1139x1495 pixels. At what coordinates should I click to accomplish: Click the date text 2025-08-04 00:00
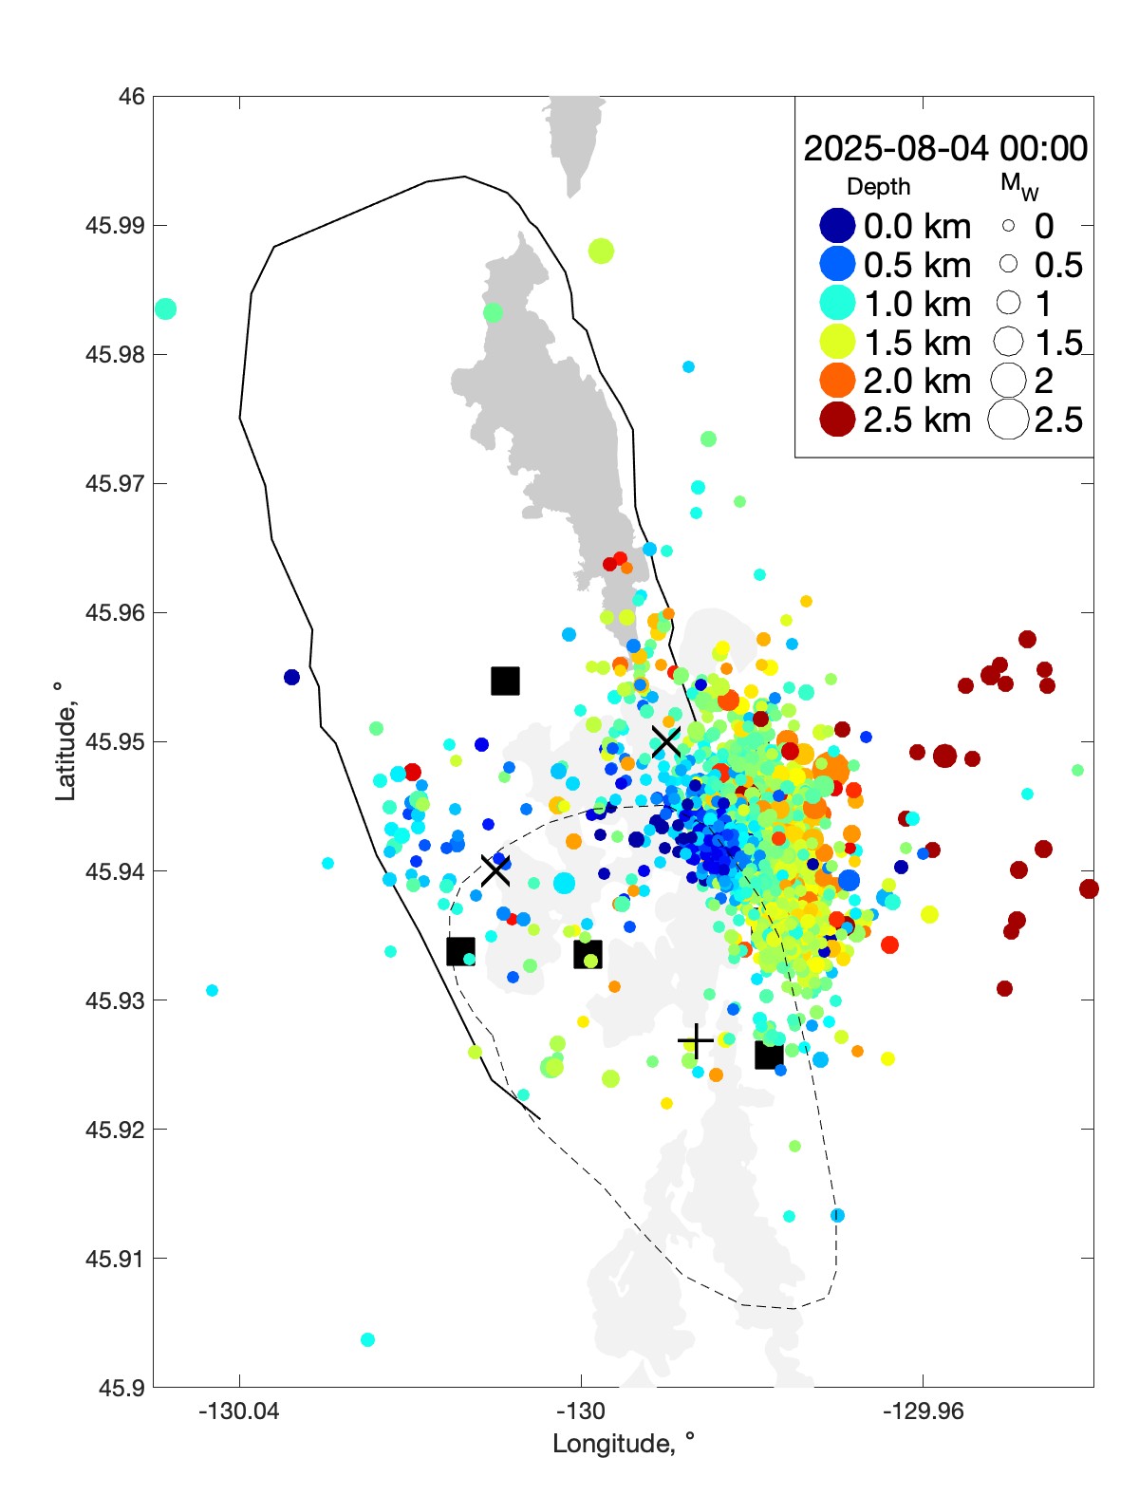[945, 148]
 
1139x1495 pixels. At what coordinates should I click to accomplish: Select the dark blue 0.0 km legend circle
[837, 226]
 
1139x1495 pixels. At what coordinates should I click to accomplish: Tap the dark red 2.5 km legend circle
[837, 420]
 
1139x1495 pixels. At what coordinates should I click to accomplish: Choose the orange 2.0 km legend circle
[837, 381]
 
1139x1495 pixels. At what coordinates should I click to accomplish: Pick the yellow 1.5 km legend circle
[837, 343]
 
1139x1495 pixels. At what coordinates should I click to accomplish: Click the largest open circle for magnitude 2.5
[1008, 420]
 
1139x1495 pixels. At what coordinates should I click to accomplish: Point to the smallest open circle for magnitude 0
[1008, 226]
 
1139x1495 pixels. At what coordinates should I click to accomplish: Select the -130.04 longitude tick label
[239, 1411]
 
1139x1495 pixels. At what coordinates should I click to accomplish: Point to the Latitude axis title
[65, 741]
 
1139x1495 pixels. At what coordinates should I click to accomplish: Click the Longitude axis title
[624, 1444]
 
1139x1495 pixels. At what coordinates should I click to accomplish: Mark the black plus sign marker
[696, 1041]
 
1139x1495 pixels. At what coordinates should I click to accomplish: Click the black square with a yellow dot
[588, 955]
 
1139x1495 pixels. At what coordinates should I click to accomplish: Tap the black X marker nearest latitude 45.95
[666, 741]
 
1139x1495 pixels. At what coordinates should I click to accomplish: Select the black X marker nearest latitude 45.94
[495, 869]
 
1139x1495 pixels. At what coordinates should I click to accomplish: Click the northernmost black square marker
[505, 681]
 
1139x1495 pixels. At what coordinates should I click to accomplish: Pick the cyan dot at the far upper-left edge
[165, 308]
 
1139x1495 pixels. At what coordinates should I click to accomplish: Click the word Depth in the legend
[878, 187]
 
